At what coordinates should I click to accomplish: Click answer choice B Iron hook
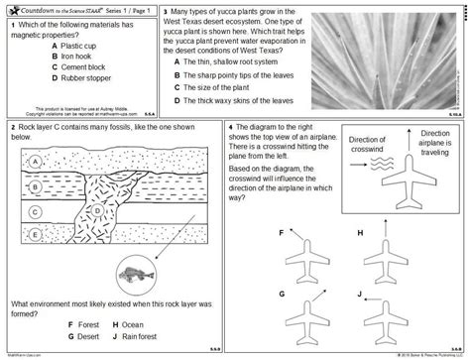pos(79,58)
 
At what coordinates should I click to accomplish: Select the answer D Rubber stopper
pos(89,81)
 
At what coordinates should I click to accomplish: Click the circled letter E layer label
pos(35,234)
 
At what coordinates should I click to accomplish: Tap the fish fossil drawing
pos(132,267)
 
